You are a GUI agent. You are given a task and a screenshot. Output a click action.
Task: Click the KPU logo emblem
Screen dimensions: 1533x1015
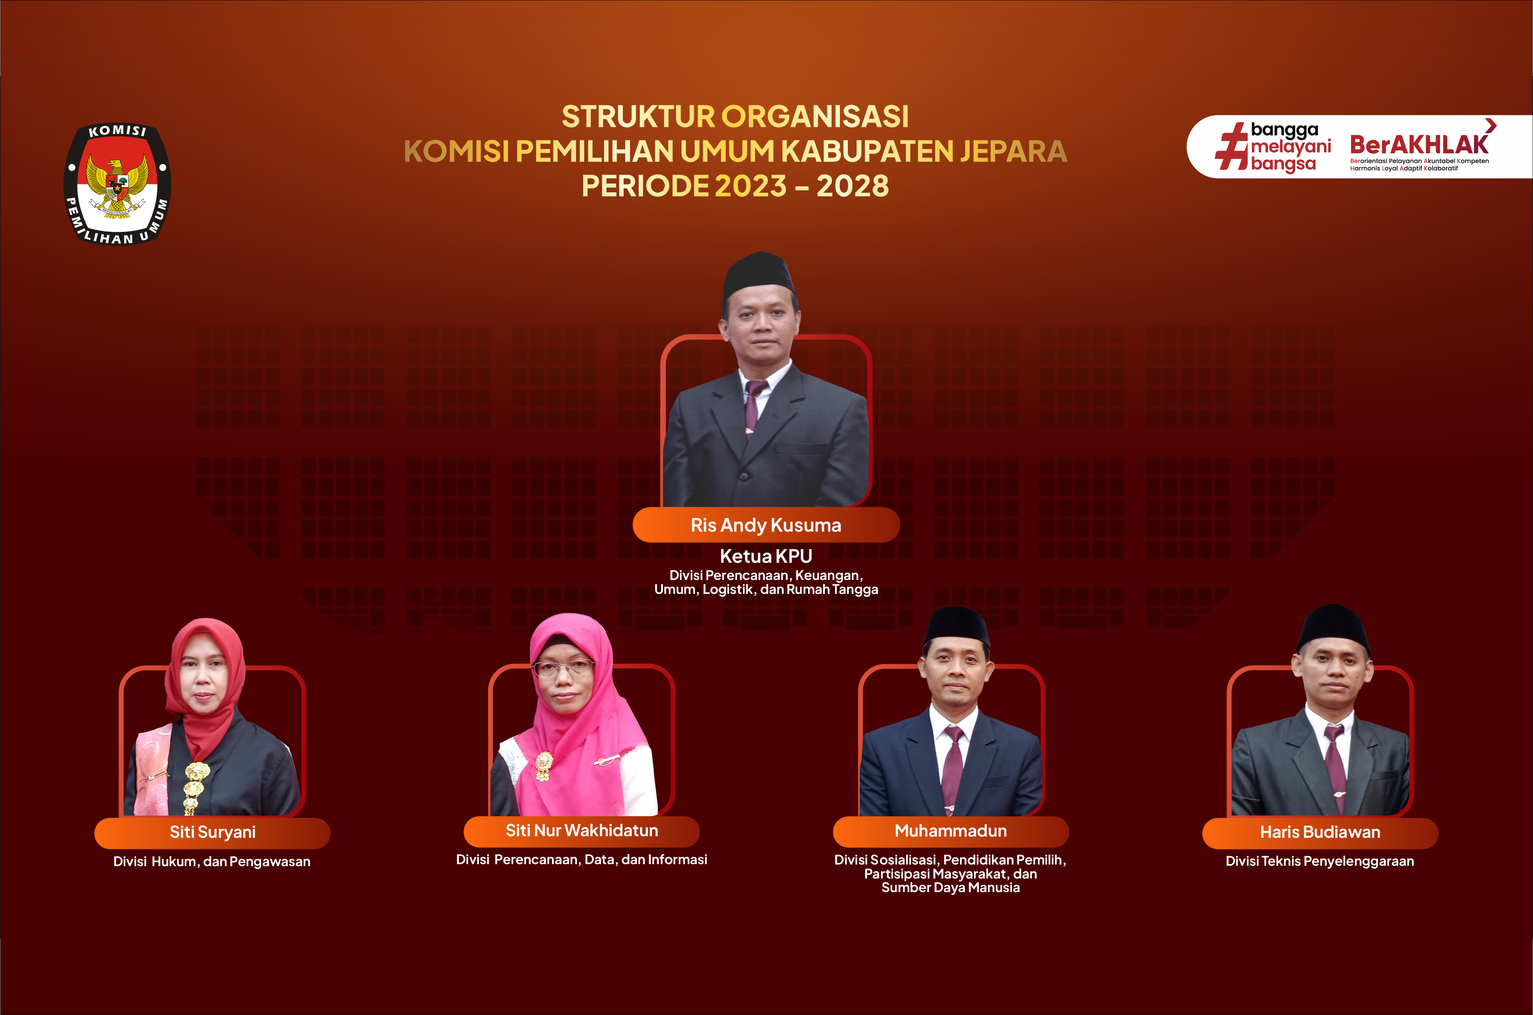(x=117, y=184)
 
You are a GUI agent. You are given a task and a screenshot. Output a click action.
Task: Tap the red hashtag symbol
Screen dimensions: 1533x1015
(x=1231, y=146)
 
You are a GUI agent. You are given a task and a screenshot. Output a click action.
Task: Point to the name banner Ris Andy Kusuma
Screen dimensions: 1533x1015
(x=766, y=525)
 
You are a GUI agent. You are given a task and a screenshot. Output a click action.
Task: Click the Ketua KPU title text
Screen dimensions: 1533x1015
(x=766, y=556)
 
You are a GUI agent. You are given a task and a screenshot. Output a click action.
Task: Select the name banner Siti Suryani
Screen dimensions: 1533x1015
(x=212, y=833)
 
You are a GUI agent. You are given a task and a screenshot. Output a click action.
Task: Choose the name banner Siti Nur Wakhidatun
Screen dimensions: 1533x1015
(x=582, y=831)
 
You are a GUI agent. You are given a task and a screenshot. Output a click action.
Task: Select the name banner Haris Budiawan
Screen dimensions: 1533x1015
(x=1320, y=833)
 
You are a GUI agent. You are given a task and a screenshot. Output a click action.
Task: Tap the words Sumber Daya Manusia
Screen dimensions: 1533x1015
(x=950, y=888)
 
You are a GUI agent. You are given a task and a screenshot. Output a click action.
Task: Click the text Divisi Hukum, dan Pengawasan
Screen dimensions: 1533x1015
(x=211, y=862)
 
